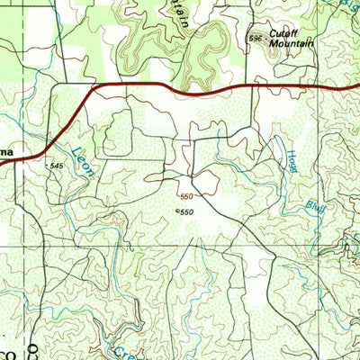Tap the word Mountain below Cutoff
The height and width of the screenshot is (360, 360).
[293, 43]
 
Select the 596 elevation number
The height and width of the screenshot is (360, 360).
[256, 39]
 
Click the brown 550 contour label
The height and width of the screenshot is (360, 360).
[186, 196]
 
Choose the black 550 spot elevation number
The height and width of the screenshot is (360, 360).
[186, 211]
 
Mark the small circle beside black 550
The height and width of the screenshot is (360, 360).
[176, 211]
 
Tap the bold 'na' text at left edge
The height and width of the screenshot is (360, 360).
[5, 153]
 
